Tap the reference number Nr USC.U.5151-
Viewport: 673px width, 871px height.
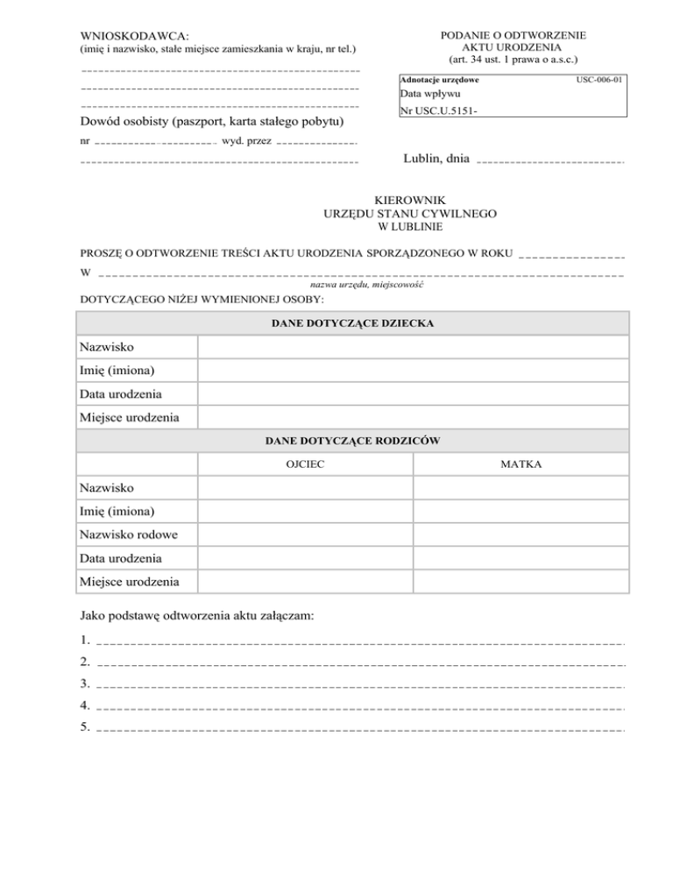440,111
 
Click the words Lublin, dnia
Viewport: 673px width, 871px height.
436,159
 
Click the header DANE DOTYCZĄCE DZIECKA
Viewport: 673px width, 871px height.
352,322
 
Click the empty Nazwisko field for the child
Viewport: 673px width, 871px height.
413,348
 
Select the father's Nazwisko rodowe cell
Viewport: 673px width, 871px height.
305,534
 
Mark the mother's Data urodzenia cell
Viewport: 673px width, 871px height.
521,557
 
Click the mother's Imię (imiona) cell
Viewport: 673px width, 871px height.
521,511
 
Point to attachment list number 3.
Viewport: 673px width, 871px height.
84,683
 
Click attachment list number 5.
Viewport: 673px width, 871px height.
84,727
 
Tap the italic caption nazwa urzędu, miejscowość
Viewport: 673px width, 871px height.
367,285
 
